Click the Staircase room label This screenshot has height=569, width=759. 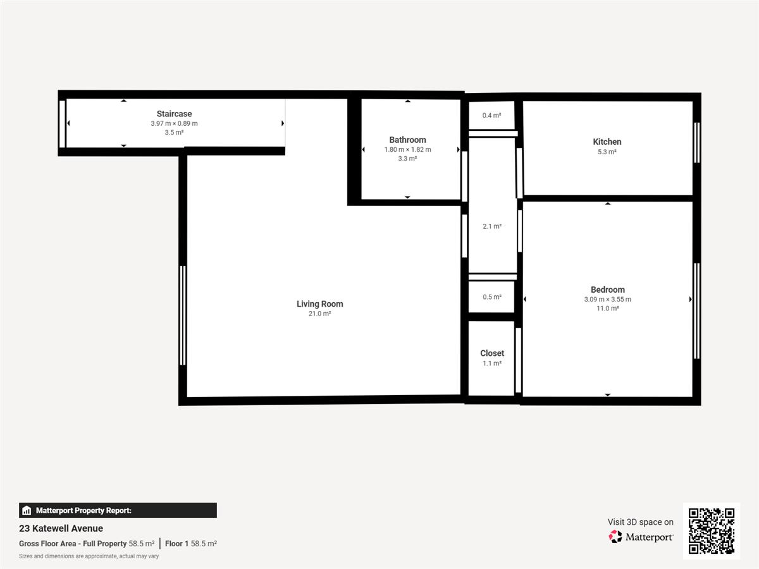click(x=174, y=114)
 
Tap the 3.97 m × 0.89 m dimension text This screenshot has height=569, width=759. click(x=174, y=123)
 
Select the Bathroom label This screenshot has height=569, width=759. click(x=407, y=140)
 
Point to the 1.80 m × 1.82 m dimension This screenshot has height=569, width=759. click(x=407, y=150)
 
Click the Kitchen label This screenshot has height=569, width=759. click(x=607, y=142)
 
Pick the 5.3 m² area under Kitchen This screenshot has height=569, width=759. click(x=607, y=152)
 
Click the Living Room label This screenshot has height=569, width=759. click(x=319, y=304)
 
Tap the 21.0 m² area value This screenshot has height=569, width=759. click(x=319, y=314)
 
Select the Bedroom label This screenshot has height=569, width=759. click(x=608, y=290)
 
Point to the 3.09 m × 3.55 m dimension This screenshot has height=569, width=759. click(x=608, y=299)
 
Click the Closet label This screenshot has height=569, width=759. click(x=491, y=353)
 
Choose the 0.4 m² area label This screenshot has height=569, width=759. click(x=491, y=116)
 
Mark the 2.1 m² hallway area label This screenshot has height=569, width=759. click(x=491, y=226)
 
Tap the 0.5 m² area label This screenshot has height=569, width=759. click(x=491, y=297)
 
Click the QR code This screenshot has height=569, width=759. click(x=712, y=531)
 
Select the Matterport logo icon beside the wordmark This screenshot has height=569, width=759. click(x=615, y=537)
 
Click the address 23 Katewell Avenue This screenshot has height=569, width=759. click(x=61, y=529)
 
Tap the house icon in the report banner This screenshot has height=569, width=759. click(x=27, y=510)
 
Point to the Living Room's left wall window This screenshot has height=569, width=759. click(x=183, y=315)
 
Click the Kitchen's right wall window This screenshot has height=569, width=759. click(x=697, y=143)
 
